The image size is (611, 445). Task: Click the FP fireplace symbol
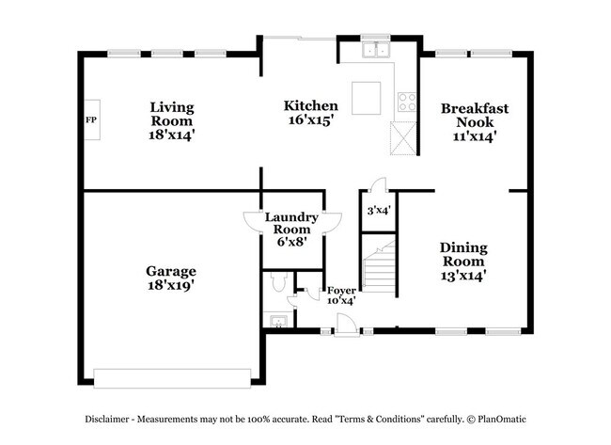(92, 120)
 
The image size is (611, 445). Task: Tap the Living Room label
(172, 121)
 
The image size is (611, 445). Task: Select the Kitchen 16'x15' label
(305, 113)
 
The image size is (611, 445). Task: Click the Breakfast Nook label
(475, 122)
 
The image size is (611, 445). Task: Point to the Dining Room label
(463, 262)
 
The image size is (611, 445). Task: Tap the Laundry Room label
(291, 229)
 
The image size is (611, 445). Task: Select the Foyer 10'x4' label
(340, 295)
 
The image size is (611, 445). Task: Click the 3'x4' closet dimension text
(378, 211)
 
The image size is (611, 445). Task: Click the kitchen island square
(365, 97)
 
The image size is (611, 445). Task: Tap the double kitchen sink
(378, 49)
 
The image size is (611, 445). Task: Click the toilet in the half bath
(277, 283)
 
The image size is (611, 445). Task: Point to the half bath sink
(278, 323)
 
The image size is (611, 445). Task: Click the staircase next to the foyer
(380, 265)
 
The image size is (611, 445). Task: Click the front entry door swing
(346, 322)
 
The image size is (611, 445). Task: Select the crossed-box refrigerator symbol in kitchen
(405, 141)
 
